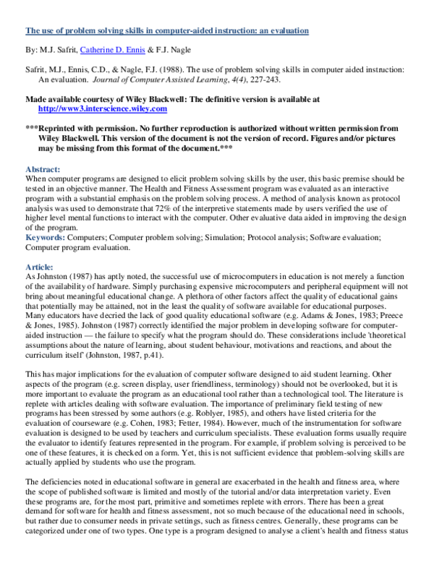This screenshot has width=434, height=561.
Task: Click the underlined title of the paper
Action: pyautogui.click(x=167, y=31)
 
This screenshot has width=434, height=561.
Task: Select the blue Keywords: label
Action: pyautogui.click(x=48, y=237)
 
